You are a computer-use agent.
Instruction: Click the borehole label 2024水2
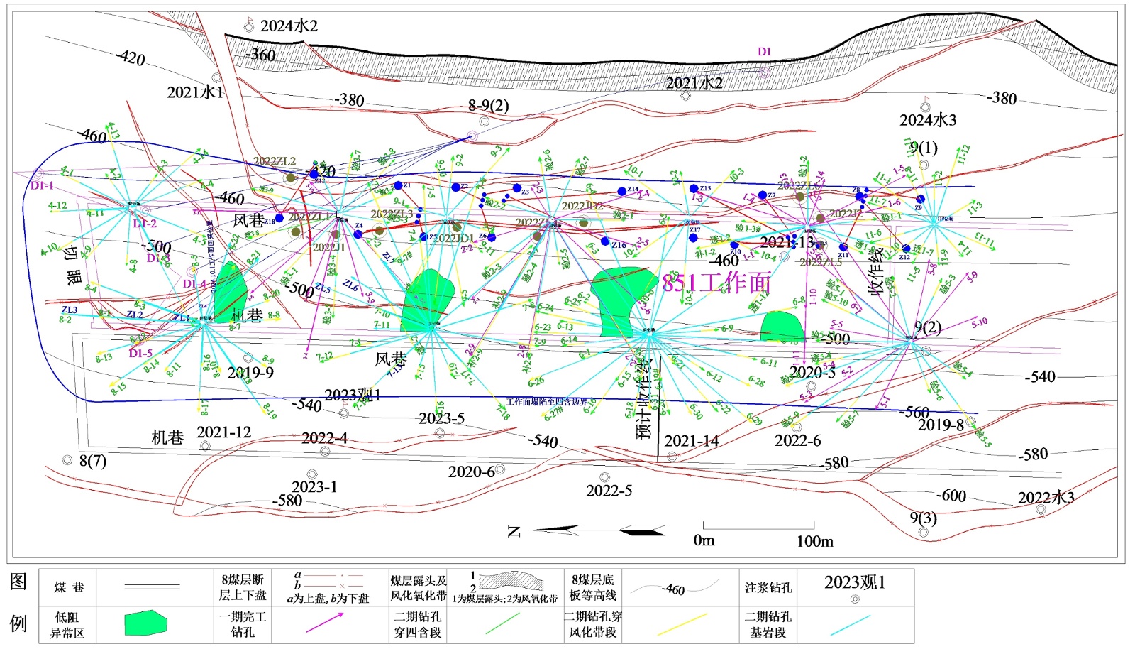coord(289,26)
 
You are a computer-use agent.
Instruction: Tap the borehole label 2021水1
coord(195,92)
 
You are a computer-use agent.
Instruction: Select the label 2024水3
coord(928,120)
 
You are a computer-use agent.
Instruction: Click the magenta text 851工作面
coord(716,283)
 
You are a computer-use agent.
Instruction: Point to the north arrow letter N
coord(515,531)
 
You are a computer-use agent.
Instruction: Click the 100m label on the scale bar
coord(814,541)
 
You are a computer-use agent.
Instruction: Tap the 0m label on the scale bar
coord(704,540)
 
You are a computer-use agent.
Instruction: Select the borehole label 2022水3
coord(1046,498)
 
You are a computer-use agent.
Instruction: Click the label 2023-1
coord(314,487)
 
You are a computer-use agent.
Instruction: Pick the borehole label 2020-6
coord(471,472)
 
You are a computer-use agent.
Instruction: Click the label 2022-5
coord(609,491)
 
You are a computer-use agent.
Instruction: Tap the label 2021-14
coord(691,441)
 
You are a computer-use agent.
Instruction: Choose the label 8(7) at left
coord(93,462)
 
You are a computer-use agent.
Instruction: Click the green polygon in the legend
coord(145,623)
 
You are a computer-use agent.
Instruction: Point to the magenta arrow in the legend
coord(324,621)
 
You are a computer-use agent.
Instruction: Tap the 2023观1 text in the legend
coord(854,582)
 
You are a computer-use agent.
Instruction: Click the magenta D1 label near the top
coord(764,52)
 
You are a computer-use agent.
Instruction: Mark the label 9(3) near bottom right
coord(923,518)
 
